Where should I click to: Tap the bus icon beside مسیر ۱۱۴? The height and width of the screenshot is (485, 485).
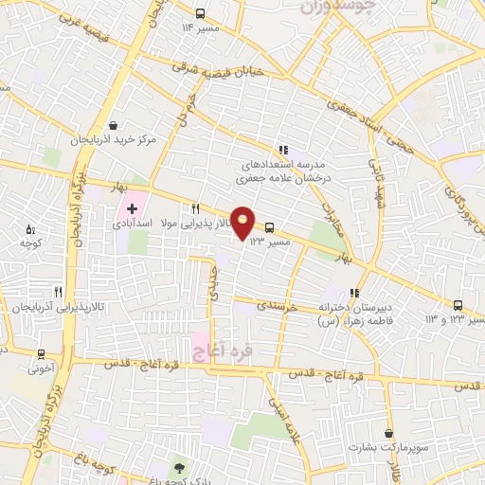pyautogui.click(x=201, y=13)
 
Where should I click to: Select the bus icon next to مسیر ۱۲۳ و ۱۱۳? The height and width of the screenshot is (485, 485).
pyautogui.click(x=458, y=305)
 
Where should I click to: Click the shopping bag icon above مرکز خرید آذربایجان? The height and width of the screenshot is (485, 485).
pyautogui.click(x=115, y=125)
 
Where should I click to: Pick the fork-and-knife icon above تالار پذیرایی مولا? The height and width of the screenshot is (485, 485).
pyautogui.click(x=195, y=208)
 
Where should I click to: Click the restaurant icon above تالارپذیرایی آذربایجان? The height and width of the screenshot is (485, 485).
pyautogui.click(x=59, y=292)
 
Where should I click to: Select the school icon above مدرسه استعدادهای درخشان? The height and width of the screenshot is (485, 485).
pyautogui.click(x=283, y=149)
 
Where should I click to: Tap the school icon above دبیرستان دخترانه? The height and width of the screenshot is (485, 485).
pyautogui.click(x=354, y=293)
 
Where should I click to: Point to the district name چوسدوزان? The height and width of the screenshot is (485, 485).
pyautogui.click(x=340, y=7)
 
